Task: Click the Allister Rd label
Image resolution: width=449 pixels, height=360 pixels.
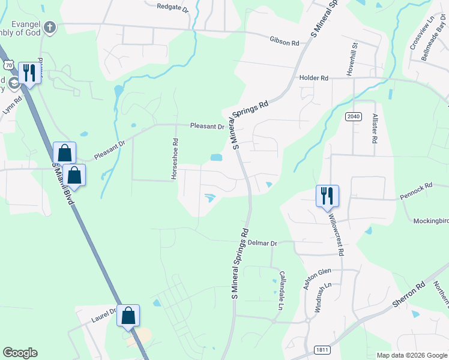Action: point(375,128)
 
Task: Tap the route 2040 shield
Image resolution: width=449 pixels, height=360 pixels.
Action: point(354,116)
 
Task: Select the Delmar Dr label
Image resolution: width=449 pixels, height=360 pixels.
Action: point(262,244)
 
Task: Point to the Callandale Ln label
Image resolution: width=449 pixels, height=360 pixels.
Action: point(280,290)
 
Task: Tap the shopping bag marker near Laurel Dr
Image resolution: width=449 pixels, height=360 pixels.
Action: point(128,315)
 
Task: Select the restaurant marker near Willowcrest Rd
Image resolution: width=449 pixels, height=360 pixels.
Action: point(327,196)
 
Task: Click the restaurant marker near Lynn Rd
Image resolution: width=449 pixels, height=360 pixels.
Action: point(29,73)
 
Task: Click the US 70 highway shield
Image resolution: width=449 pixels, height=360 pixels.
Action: point(8,64)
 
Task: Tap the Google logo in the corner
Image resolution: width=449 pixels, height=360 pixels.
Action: point(20,353)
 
